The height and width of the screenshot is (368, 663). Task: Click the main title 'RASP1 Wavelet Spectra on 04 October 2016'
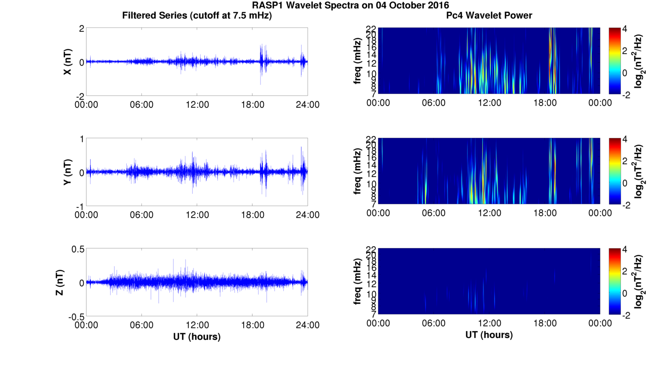[350, 6]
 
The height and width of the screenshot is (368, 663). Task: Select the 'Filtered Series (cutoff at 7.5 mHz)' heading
[197, 15]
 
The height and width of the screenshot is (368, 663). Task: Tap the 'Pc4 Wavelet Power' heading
[489, 15]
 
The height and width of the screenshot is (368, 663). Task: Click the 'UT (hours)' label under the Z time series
[197, 336]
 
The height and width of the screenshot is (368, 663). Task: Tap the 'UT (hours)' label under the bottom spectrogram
[489, 334]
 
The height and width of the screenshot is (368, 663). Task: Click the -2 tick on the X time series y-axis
[80, 96]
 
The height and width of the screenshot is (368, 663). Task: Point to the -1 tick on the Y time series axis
[80, 206]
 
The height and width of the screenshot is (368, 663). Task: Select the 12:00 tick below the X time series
[197, 105]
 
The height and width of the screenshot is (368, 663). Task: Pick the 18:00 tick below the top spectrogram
[545, 103]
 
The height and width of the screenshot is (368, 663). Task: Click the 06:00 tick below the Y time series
[142, 215]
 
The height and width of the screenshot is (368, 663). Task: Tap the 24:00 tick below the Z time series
[308, 325]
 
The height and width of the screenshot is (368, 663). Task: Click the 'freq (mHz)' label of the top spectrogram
[358, 61]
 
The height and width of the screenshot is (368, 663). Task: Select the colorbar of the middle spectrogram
[615, 171]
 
